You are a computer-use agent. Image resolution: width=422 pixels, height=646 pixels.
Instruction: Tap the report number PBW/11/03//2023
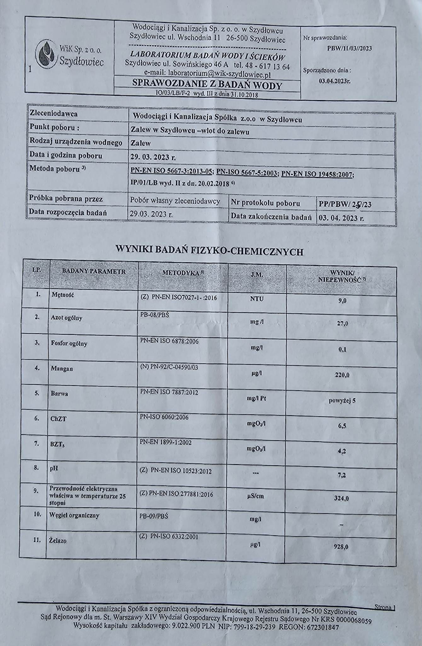pos(349,48)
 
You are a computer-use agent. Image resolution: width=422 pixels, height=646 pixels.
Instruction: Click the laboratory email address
pos(207,73)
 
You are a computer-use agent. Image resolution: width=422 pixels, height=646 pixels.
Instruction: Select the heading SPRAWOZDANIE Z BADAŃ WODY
pos(207,84)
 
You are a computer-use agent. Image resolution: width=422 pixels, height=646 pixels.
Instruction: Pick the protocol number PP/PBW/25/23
pos(345,204)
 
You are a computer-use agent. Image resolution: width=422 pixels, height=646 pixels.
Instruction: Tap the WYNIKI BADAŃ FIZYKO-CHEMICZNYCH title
pos(210,251)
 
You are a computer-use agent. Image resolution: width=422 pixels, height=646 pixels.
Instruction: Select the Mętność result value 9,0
pos(342,301)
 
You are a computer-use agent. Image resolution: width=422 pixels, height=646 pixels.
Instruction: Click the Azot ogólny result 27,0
pos(343,323)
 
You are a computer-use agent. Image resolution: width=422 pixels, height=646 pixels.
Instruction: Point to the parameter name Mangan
pos(62,368)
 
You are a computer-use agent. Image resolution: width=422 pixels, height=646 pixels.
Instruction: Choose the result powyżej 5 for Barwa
pos(342,401)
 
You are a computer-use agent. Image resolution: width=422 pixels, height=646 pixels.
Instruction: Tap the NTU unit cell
pos(257,298)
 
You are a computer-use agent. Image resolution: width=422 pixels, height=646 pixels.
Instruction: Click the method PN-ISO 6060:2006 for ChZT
pos(164,417)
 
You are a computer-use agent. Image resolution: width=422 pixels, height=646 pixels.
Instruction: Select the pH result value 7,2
pos(342,475)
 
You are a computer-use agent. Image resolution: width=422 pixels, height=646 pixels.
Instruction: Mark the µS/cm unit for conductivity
pos(256,496)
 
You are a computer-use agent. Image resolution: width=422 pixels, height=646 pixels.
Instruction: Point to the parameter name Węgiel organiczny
pos(74,515)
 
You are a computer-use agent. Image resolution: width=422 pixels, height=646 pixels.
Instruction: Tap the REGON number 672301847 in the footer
pos(322,627)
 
